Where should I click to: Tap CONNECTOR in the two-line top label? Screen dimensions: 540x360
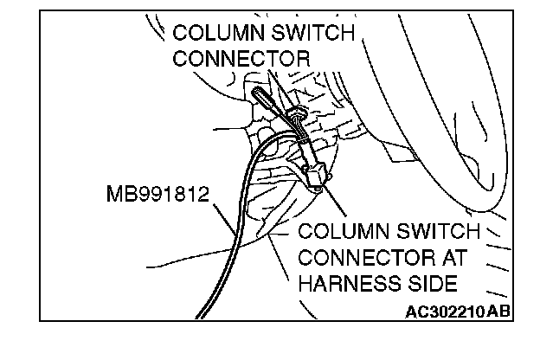click(x=241, y=59)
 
